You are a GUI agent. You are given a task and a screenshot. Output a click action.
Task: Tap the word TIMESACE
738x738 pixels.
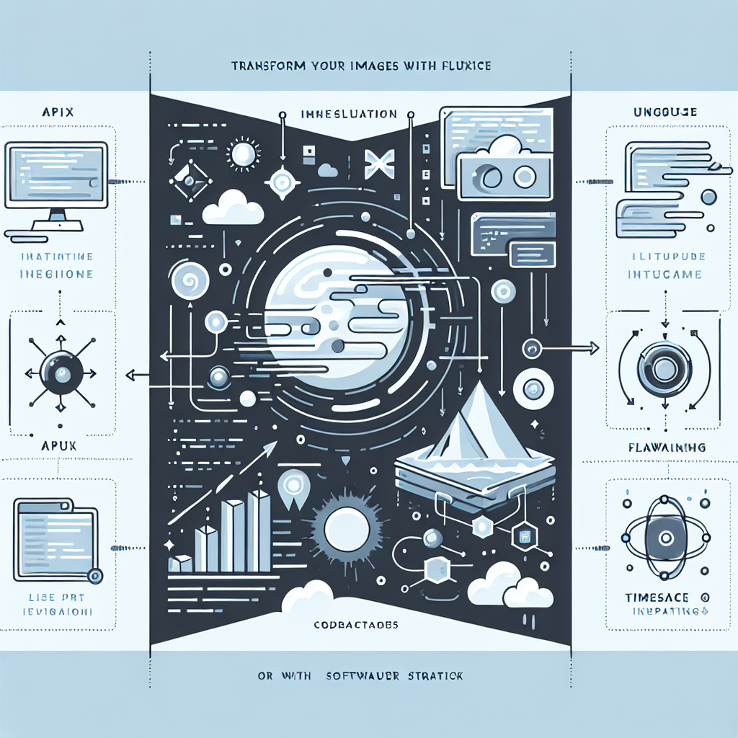coord(652,597)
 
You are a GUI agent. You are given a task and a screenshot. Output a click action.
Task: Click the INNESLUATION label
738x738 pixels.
coord(348,114)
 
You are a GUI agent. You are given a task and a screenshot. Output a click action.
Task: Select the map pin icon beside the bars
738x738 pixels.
coord(293,484)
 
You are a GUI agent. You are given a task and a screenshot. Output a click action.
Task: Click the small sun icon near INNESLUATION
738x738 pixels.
coord(243,153)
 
